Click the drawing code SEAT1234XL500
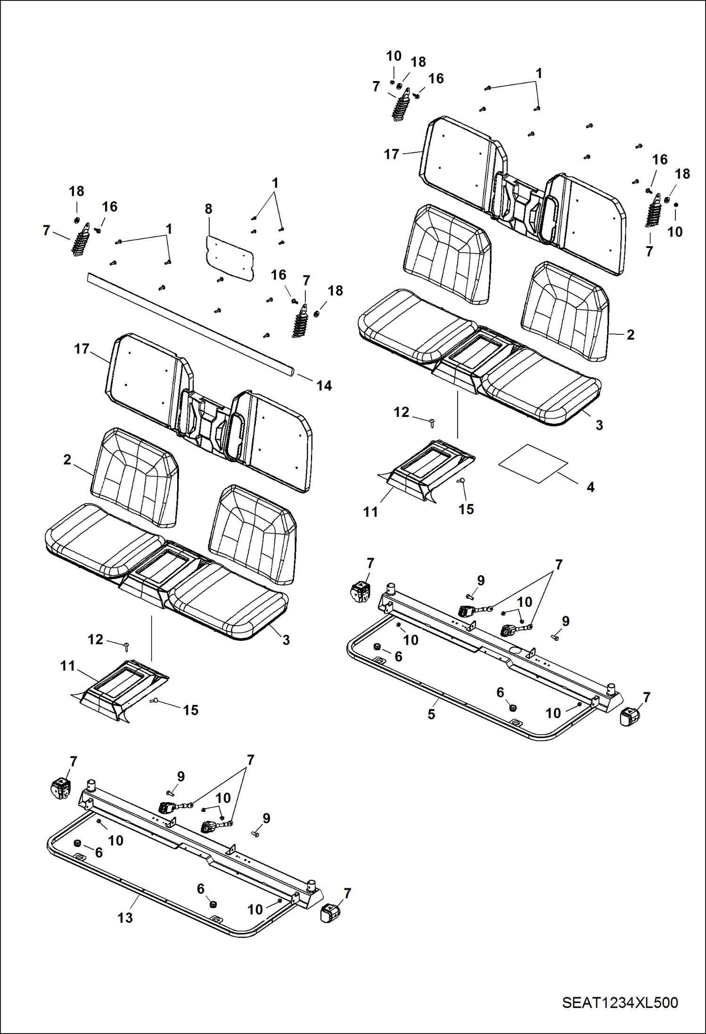tap(619, 1003)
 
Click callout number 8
tap(208, 209)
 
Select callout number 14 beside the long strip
tap(324, 386)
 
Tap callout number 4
tap(590, 487)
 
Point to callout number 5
tap(431, 714)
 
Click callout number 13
tap(125, 918)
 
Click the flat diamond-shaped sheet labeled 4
tap(533, 463)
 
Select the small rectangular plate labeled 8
tap(230, 258)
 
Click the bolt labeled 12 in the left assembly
tap(126, 647)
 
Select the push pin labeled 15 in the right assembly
tap(461, 480)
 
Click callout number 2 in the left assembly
tap(67, 459)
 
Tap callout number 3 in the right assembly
tap(599, 425)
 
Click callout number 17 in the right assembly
tap(391, 154)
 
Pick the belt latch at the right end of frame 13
tap(330, 913)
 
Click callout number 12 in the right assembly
tap(401, 412)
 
